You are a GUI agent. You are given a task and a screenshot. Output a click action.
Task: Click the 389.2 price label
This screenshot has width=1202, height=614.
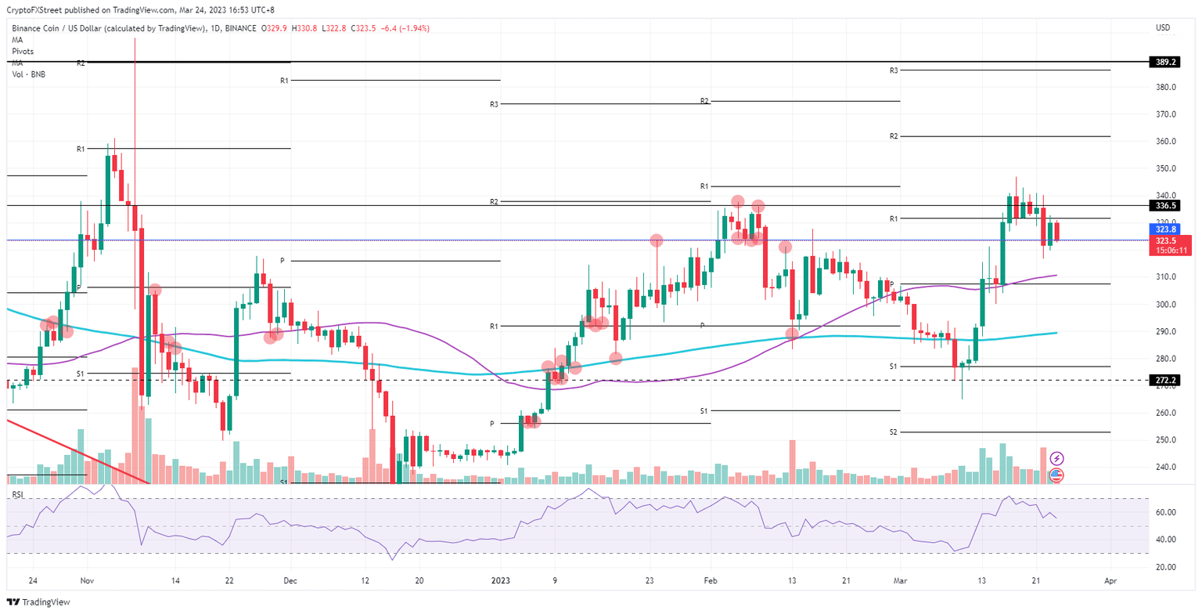[1165, 61]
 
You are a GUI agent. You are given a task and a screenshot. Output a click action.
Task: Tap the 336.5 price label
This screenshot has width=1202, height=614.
[1165, 205]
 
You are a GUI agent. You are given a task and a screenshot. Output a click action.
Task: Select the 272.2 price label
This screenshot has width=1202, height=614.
[1165, 380]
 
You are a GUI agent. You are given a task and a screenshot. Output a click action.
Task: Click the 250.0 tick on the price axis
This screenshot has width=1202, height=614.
[1166, 440]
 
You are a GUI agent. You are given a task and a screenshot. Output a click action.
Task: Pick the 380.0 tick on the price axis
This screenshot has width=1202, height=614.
[1166, 87]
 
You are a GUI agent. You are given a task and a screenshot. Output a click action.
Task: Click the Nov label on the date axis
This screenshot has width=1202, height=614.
[87, 581]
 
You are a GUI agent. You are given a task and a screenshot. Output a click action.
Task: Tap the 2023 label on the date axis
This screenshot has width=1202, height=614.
[500, 581]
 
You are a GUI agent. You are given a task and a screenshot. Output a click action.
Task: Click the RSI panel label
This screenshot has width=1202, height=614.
[17, 495]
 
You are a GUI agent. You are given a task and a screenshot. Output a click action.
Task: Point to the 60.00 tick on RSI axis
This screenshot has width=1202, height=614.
[1164, 512]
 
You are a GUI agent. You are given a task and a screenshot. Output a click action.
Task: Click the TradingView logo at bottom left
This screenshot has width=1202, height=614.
[39, 601]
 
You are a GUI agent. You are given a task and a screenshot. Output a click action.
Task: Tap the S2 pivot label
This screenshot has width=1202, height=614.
[894, 432]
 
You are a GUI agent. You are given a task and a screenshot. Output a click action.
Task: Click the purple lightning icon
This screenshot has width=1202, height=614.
[1056, 458]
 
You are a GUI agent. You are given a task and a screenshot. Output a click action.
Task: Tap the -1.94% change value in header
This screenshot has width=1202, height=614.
[414, 28]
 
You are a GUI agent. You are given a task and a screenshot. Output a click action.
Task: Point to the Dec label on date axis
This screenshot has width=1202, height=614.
[290, 581]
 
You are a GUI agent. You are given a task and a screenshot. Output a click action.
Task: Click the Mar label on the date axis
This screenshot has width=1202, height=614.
[900, 581]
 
